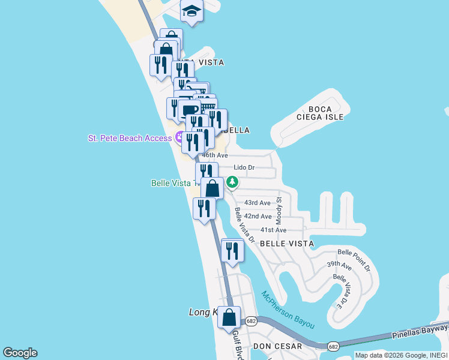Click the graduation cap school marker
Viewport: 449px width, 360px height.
click(191, 11)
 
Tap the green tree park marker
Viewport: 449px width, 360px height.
click(232, 182)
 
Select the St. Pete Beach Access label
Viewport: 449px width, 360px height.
click(130, 138)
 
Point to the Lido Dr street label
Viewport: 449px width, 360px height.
click(244, 167)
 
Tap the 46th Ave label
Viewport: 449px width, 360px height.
click(214, 155)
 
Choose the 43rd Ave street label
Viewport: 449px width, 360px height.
click(258, 203)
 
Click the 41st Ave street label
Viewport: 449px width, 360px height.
click(273, 230)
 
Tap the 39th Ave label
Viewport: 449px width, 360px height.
click(339, 265)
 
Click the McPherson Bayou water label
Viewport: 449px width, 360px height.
click(288, 309)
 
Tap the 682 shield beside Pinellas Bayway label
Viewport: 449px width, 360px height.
click(333, 346)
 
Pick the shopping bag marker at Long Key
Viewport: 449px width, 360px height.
click(229, 317)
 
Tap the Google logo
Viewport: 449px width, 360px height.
click(20, 353)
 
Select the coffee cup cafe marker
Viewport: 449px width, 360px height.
click(190, 110)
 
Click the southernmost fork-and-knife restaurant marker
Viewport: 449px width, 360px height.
click(232, 250)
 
